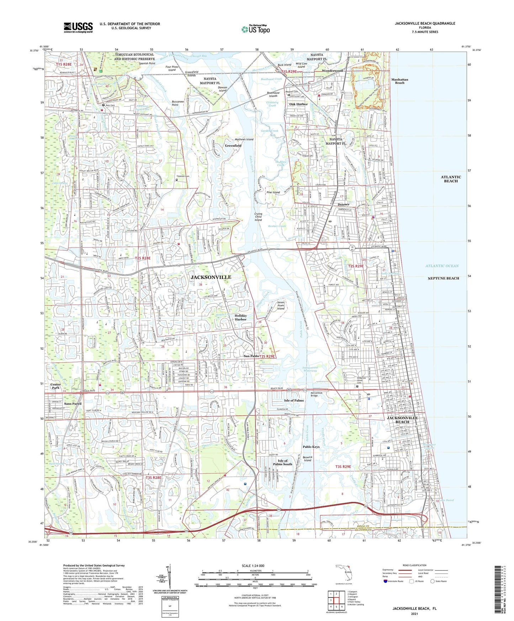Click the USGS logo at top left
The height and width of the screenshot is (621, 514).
[x=78, y=27]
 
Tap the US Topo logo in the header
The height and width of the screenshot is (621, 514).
[x=255, y=29]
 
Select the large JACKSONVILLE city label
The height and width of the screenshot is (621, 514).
[x=211, y=277]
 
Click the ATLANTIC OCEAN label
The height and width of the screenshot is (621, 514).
[x=442, y=266]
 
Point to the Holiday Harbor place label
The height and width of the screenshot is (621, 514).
[x=240, y=317]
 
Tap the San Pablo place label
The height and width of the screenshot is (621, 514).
[x=251, y=356]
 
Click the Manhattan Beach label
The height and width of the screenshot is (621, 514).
[x=399, y=81]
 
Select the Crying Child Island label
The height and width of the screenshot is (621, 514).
[x=258, y=217]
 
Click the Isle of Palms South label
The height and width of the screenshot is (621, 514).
[x=282, y=462]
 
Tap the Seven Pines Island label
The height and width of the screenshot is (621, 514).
[x=281, y=306]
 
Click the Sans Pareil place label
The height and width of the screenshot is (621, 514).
[x=73, y=404]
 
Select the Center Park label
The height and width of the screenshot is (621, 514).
[x=55, y=386]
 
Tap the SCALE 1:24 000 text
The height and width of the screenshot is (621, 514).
[x=253, y=566]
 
